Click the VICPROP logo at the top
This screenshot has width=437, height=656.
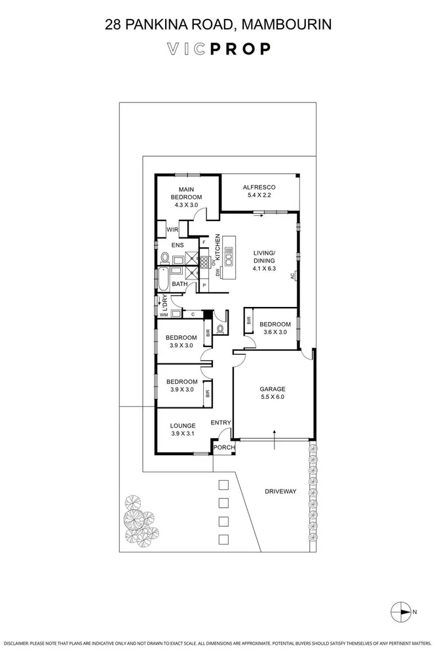pyautogui.click(x=218, y=49)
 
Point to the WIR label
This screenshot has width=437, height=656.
pyautogui.click(x=172, y=230)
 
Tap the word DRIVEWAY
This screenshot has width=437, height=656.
pyautogui.click(x=281, y=491)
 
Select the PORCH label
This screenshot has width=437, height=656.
pyautogui.click(x=222, y=447)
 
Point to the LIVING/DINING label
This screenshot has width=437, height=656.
pyautogui.click(x=265, y=257)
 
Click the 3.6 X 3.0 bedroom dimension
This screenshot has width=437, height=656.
pyautogui.click(x=275, y=333)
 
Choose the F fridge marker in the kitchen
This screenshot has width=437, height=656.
pyautogui.click(x=204, y=243)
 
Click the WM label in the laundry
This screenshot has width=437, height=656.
pyautogui.click(x=162, y=315)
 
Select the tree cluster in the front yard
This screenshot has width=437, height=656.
pyautogui.click(x=139, y=515)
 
